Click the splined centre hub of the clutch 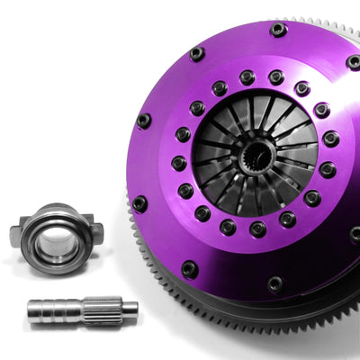point(256,161)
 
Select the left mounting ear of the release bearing point(16,235)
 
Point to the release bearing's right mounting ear point(96,232)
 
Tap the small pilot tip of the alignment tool point(130,308)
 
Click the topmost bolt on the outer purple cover point(278,30)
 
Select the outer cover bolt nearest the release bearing point(139,204)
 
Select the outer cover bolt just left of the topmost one point(197,54)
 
